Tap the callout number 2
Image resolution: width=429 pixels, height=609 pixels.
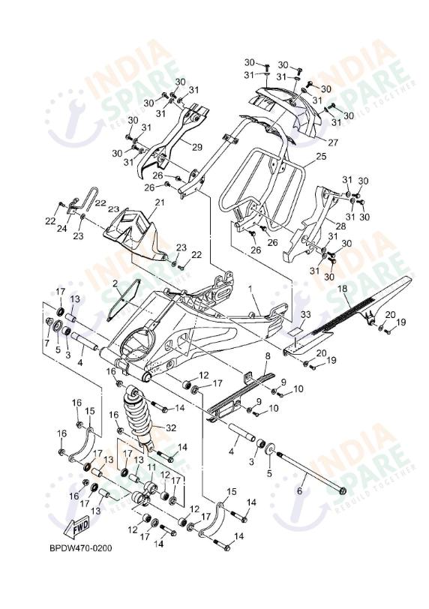(116, 283)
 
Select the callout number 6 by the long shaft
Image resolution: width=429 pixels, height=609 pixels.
(299, 490)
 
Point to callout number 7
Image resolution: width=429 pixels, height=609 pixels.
(46, 343)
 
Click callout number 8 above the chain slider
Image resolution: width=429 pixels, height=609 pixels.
(266, 355)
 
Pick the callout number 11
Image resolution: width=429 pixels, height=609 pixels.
(151, 466)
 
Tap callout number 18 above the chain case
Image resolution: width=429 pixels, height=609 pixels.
(341, 288)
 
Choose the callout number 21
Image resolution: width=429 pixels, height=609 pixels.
(159, 202)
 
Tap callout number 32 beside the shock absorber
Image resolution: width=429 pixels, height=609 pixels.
(171, 428)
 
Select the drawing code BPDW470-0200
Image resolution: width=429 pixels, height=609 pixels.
(76, 548)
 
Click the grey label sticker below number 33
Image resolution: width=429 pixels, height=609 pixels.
(295, 328)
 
